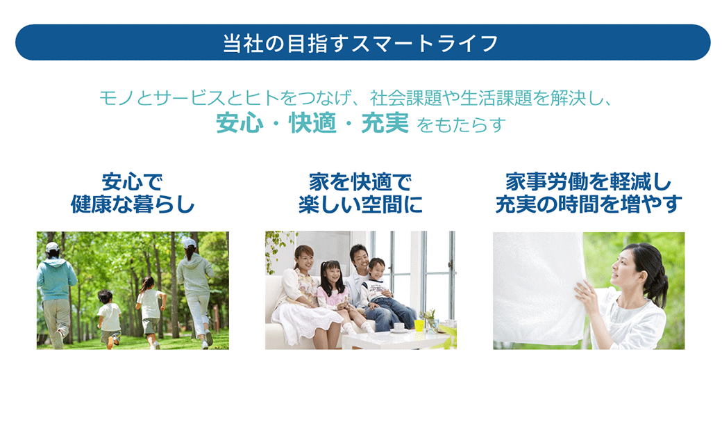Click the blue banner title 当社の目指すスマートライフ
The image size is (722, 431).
click(x=360, y=43)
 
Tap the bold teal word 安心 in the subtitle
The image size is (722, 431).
click(x=240, y=123)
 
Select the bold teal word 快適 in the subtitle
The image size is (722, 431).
click(x=312, y=123)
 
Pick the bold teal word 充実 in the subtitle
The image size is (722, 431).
click(x=385, y=123)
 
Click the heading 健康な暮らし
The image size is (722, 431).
click(x=133, y=204)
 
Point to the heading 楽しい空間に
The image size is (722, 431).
click(x=360, y=204)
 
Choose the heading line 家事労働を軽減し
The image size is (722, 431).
click(x=589, y=182)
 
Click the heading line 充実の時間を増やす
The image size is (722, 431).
click(x=589, y=204)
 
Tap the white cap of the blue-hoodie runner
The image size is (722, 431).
click(x=53, y=247)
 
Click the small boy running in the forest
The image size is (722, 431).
click(x=109, y=318)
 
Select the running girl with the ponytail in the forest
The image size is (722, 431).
click(x=150, y=311)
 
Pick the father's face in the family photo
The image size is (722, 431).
click(x=360, y=258)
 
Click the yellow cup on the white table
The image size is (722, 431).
click(x=419, y=325)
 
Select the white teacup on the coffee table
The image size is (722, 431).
click(x=398, y=327)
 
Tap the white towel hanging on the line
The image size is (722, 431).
click(x=539, y=288)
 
